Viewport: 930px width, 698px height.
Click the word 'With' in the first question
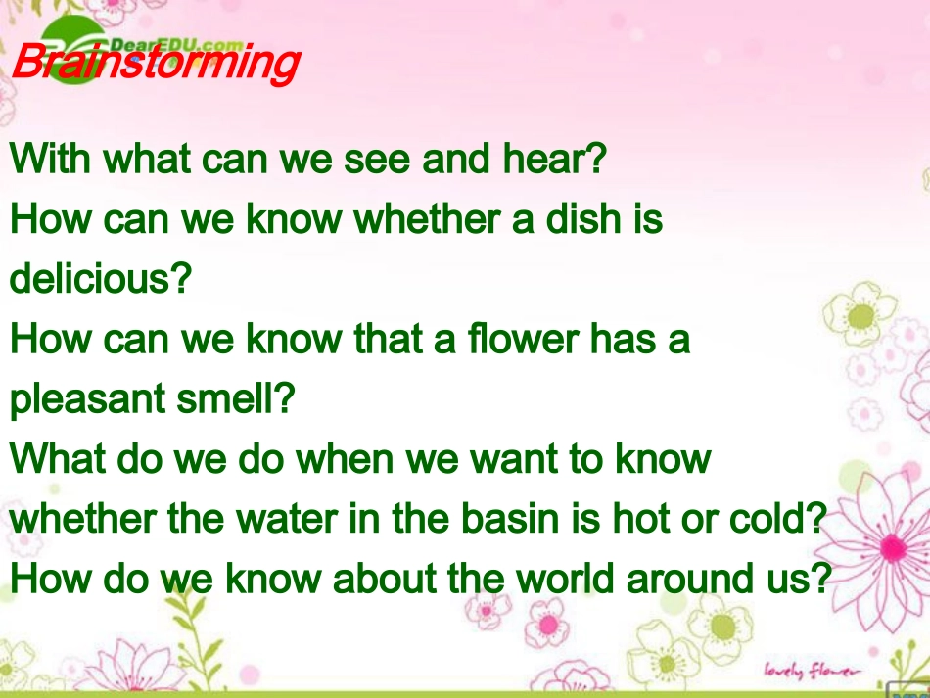50,159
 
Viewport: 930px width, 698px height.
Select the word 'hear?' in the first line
554,159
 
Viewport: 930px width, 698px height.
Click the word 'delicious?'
101,278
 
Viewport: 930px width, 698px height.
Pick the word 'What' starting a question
58,458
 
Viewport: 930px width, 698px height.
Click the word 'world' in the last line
565,578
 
